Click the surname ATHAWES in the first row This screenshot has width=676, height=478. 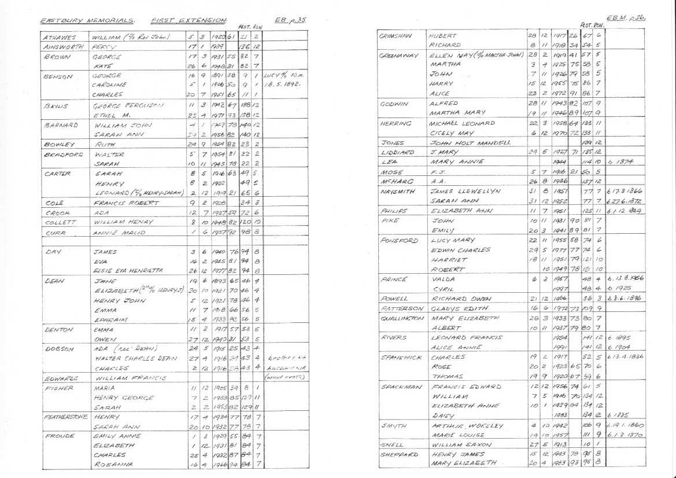click(x=60, y=38)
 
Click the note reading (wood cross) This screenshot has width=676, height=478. click(x=282, y=378)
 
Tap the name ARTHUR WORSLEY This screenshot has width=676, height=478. click(x=461, y=425)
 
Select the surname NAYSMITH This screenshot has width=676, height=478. click(x=396, y=191)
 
